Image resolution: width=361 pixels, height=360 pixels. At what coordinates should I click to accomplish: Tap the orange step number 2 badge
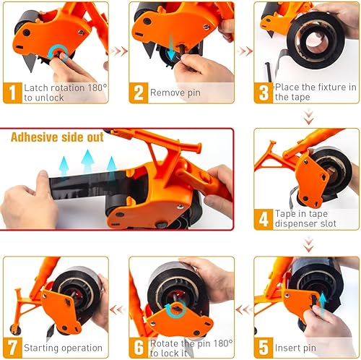pyautogui.click(x=138, y=93)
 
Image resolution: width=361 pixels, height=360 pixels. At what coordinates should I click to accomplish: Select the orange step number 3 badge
pyautogui.click(x=264, y=93)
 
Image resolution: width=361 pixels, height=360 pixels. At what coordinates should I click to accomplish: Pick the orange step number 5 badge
pyautogui.click(x=264, y=348)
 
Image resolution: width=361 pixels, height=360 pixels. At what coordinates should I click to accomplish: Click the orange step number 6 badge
pyautogui.click(x=138, y=348)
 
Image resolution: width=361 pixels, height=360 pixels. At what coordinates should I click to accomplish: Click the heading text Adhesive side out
pyautogui.click(x=56, y=137)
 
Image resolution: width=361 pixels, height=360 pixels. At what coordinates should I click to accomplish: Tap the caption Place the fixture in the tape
pyautogui.click(x=313, y=93)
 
